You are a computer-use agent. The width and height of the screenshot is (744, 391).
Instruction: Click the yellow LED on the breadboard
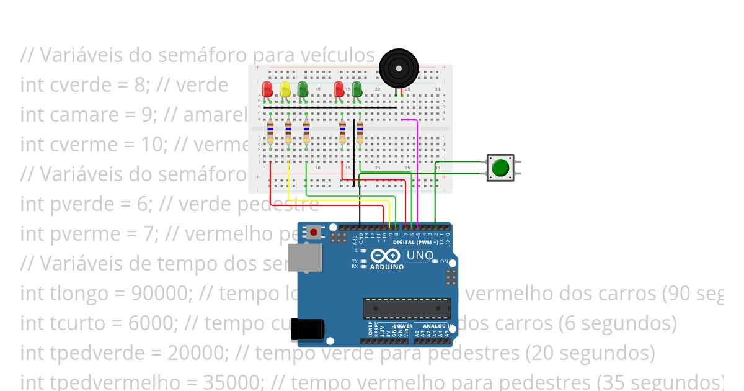[x=285, y=90]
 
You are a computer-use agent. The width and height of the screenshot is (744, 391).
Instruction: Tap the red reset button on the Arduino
[x=314, y=233]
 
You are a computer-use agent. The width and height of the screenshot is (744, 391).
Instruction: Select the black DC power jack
[x=308, y=331]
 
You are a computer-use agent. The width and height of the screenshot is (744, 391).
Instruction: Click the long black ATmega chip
[x=407, y=308]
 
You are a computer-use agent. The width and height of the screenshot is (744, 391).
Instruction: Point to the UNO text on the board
[x=419, y=256]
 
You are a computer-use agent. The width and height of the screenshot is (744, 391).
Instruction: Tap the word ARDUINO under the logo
[x=387, y=267]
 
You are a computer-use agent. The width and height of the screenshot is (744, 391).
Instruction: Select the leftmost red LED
[x=267, y=89]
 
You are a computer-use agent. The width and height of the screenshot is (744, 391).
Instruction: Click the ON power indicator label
[x=444, y=262]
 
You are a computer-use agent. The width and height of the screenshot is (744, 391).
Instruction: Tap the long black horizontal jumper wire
[x=329, y=107]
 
